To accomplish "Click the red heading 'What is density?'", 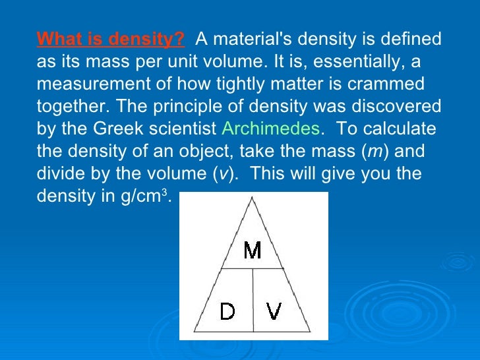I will (111, 39).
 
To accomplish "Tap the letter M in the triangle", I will (253, 251).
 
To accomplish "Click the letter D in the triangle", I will (227, 311).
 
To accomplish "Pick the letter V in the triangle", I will (274, 311).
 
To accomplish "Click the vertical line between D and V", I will (254, 300).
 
